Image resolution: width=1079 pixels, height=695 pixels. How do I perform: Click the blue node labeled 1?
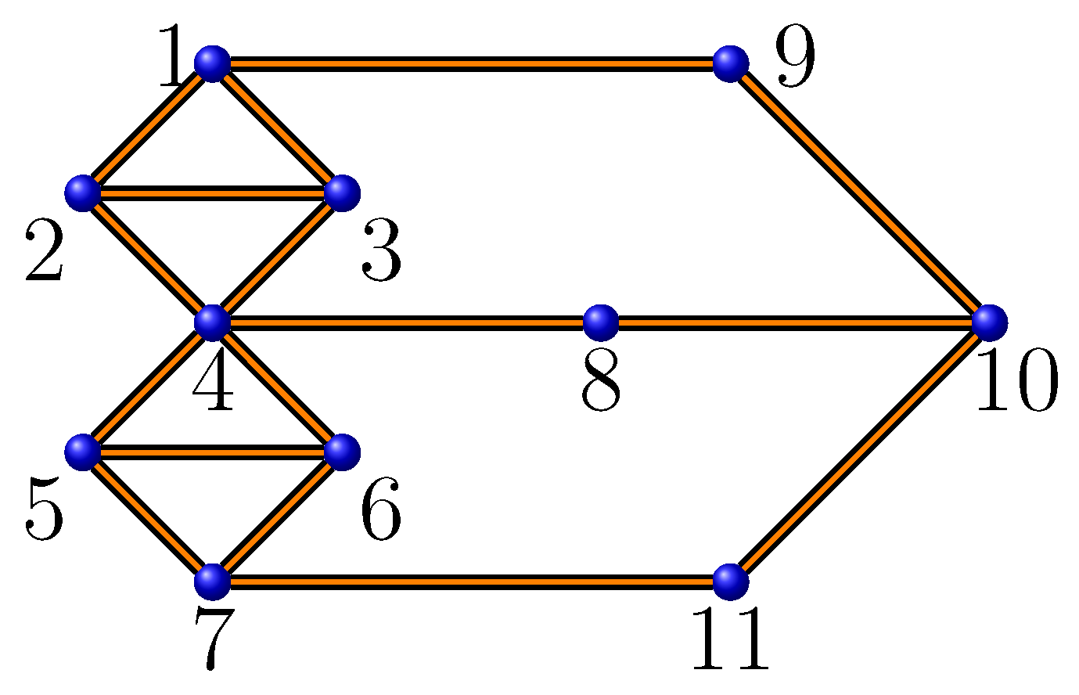[212, 63]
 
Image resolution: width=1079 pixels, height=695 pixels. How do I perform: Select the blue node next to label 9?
[731, 63]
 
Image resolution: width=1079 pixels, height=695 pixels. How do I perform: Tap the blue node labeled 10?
[990, 322]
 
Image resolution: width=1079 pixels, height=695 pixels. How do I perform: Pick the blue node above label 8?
[601, 322]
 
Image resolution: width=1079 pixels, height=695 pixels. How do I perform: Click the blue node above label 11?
[731, 582]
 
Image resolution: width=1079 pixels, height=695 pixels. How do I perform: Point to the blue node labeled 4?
[212, 322]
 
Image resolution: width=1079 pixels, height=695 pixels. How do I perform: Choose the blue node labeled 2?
[83, 193]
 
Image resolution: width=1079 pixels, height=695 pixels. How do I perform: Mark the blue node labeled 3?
[342, 193]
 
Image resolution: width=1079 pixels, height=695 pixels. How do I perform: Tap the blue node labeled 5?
[83, 452]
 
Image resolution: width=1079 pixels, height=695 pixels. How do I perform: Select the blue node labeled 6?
[342, 452]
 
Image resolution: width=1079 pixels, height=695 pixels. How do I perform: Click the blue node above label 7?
[212, 582]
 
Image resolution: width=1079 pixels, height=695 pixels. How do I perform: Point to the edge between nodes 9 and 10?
[861, 193]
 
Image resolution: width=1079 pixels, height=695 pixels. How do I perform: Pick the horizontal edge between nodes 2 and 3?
[212, 193]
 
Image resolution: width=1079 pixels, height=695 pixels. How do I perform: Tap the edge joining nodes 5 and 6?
[212, 452]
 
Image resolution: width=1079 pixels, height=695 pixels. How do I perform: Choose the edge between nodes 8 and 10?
[795, 322]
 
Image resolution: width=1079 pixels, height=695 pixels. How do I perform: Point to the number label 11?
[731, 641]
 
